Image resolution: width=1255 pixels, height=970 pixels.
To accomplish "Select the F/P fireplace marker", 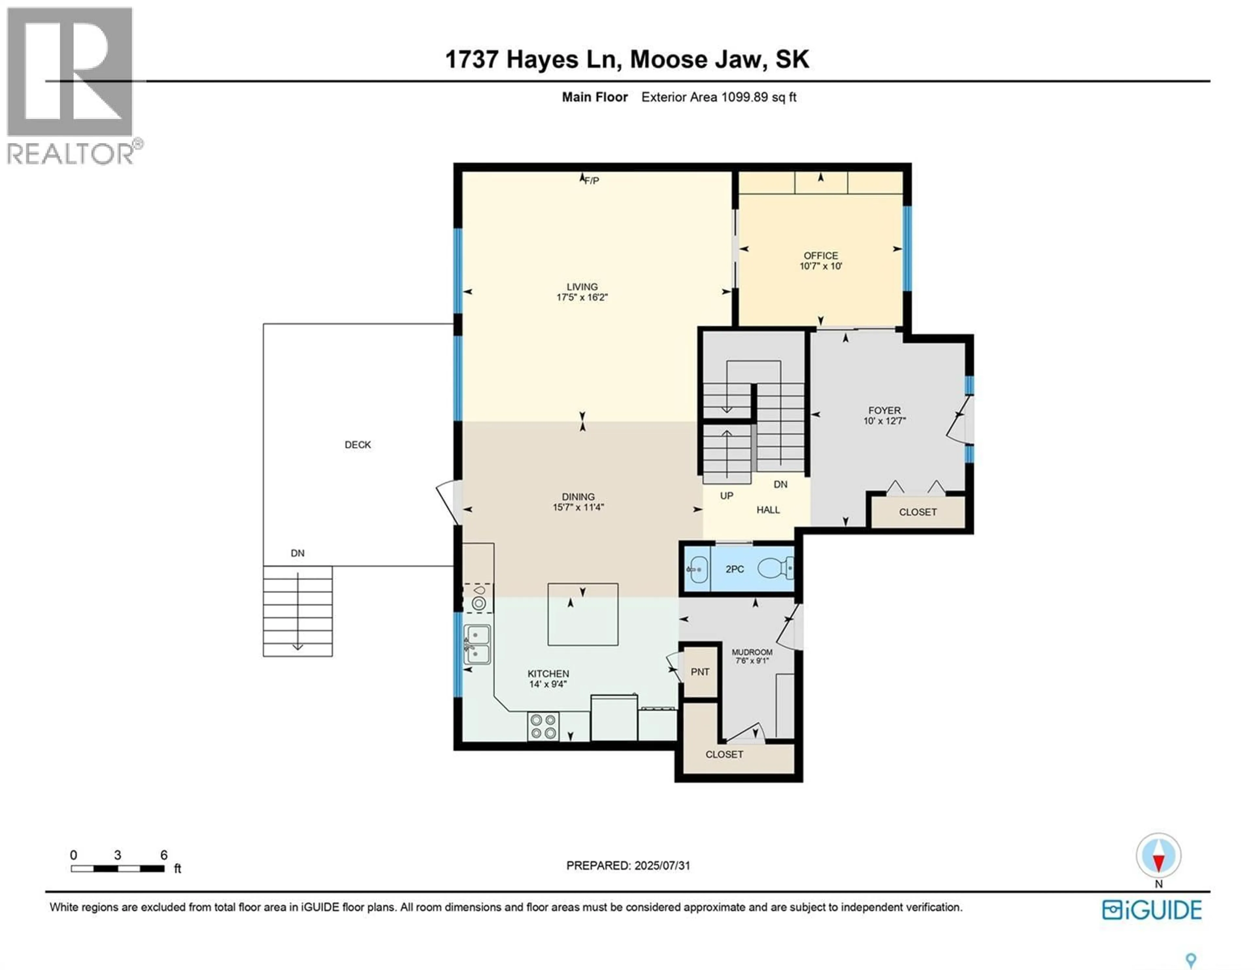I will (x=591, y=180).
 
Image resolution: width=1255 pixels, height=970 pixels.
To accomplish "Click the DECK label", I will (x=358, y=445).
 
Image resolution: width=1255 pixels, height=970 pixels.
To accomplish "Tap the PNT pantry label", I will (x=700, y=672).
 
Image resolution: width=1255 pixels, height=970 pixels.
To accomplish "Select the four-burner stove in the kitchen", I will (x=543, y=726).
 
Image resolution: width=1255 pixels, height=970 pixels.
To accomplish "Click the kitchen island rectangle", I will (x=583, y=614).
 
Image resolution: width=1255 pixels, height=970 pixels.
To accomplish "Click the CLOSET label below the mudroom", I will (x=724, y=754).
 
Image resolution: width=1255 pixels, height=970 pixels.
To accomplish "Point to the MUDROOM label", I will (x=752, y=652).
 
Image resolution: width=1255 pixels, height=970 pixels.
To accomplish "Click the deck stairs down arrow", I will (x=298, y=612).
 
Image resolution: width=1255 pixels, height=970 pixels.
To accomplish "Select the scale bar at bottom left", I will (x=118, y=868).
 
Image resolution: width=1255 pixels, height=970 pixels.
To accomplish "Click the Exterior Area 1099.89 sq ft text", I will (x=718, y=97).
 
